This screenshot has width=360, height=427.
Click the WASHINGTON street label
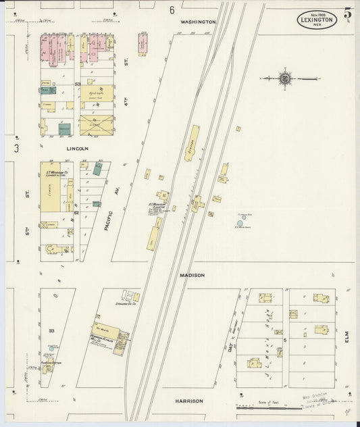(x=198, y=22)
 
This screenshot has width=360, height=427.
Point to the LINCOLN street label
(x=77, y=148)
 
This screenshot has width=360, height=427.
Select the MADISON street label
(x=192, y=276)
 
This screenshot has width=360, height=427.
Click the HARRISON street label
(x=189, y=401)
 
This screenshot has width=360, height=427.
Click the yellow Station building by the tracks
(x=192, y=143)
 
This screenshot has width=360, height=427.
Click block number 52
(x=77, y=213)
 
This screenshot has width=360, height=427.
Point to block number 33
(x=51, y=330)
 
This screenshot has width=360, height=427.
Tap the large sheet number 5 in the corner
(x=347, y=13)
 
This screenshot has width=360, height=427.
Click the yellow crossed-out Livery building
(x=96, y=124)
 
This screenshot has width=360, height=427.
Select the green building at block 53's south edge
(x=65, y=128)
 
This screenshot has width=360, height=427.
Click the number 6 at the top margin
(x=172, y=10)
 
